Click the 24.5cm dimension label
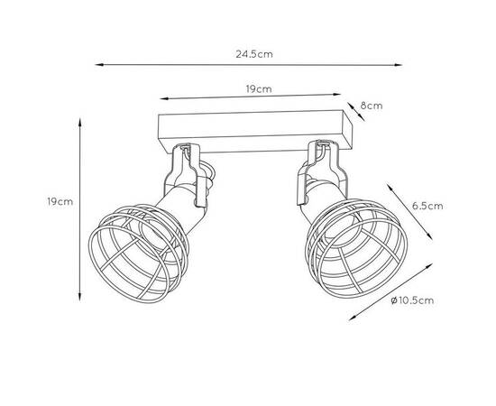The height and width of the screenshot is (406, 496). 254,54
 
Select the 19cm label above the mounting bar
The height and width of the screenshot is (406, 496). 259,89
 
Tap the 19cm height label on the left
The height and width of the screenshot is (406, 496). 60,201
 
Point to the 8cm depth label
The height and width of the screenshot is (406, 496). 372,106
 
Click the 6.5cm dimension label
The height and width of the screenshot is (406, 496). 427,206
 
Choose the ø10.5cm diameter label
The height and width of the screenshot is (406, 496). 412,300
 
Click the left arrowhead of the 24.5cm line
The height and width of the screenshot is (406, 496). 99,65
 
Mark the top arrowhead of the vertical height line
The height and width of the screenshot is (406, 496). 80,123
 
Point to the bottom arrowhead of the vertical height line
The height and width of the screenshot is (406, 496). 80,297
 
